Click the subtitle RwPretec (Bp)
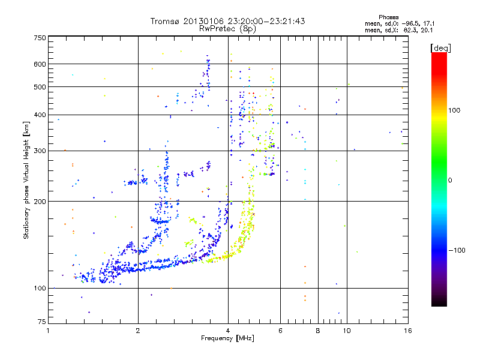pyautogui.click(x=228, y=28)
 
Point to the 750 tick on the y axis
pyautogui.click(x=40, y=37)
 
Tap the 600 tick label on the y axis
pyautogui.click(x=40, y=64)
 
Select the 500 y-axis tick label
pyautogui.click(x=40, y=86)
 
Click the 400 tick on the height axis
pyautogui.click(x=40, y=115)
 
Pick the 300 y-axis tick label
pyautogui.click(x=40, y=151)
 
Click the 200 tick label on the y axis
pyautogui.click(x=40, y=202)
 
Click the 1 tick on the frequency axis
pyautogui.click(x=48, y=331)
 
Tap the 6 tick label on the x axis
pyautogui.click(x=280, y=331)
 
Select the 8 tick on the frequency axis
pyautogui.click(x=318, y=331)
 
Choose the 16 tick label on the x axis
pyautogui.click(x=407, y=331)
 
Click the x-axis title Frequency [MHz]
pyautogui.click(x=228, y=339)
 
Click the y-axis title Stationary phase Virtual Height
pyautogui.click(x=26, y=180)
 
